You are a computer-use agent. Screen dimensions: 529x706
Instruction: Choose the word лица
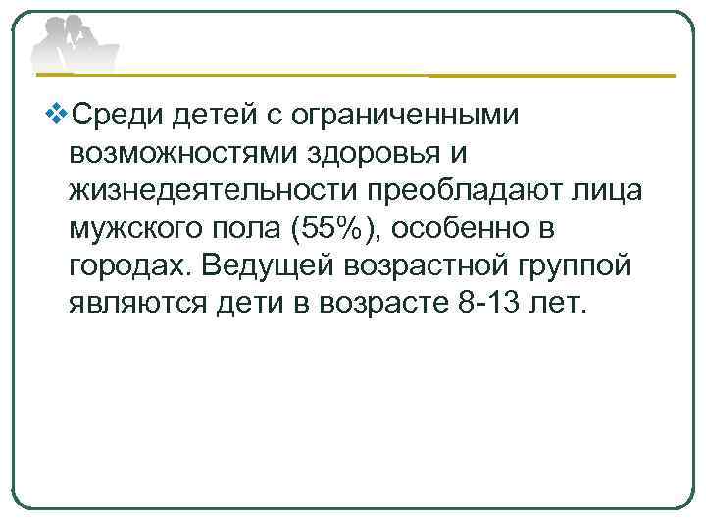pyautogui.click(x=608, y=192)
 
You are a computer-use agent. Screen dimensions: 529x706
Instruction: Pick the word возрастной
pyautogui.click(x=445, y=266)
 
